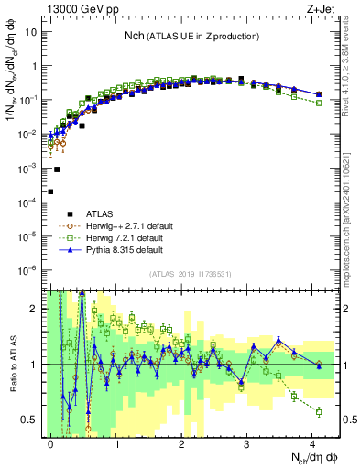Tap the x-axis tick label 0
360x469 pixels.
point(51,442)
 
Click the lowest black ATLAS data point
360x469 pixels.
point(50,191)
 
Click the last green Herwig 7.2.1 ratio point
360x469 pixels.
point(319,412)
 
